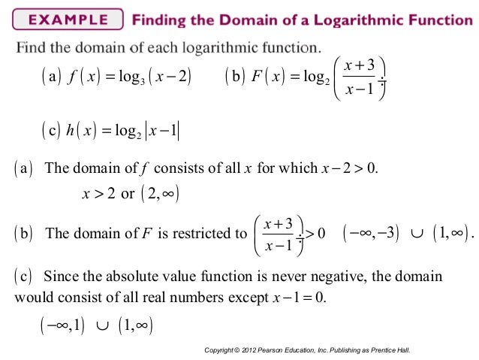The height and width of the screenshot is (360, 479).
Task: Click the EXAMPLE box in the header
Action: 65,20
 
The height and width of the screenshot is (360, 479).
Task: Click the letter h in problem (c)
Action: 70,130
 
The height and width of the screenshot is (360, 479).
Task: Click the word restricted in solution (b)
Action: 203,233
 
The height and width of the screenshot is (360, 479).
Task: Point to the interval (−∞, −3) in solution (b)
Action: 372,233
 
